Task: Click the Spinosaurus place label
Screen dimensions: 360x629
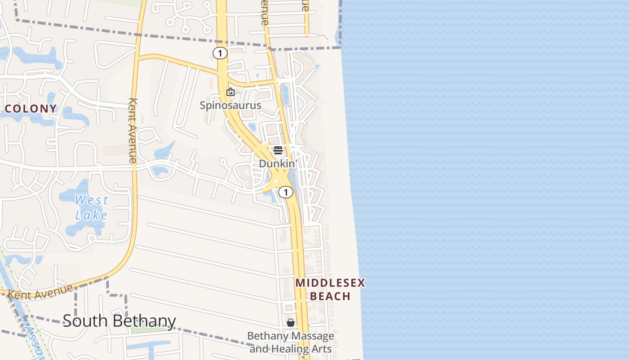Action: (230, 105)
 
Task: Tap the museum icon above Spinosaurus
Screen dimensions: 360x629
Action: (230, 92)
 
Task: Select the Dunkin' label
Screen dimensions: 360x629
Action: (278, 164)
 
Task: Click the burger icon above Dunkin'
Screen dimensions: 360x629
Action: (278, 150)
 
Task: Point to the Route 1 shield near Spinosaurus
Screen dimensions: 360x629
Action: (220, 54)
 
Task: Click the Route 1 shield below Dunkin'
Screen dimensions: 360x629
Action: (285, 192)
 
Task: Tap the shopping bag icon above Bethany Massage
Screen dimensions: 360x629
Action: (291, 323)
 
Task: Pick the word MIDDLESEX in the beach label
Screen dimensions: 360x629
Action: (330, 283)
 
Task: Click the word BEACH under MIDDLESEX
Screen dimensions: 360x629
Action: (330, 296)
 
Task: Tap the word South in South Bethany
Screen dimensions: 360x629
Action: (85, 320)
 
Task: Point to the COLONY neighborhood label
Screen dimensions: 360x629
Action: (31, 108)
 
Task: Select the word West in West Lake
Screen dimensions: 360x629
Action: (91, 200)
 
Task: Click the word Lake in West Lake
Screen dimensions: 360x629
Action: (91, 215)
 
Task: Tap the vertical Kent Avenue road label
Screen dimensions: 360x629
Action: (133, 130)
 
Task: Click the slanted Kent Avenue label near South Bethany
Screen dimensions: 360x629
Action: (40, 292)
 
